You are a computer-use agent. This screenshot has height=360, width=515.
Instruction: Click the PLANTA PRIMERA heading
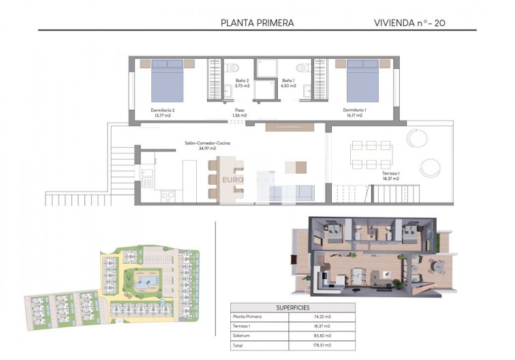[257, 22]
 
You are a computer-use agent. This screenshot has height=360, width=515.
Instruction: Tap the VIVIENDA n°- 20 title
[410, 22]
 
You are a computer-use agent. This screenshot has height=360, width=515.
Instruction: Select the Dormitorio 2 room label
[163, 112]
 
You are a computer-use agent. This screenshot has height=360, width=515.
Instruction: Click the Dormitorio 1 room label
[354, 112]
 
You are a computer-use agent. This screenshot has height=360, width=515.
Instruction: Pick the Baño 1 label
[288, 83]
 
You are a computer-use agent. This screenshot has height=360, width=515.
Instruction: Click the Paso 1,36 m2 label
[239, 112]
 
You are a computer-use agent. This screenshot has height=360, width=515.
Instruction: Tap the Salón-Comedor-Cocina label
[207, 145]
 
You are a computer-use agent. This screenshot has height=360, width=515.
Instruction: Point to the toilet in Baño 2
[233, 67]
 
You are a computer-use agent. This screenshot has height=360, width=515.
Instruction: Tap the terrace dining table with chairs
[371, 155]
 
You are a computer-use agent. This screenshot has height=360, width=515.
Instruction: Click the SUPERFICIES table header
[292, 307]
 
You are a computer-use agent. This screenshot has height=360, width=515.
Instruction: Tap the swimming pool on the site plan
[146, 280]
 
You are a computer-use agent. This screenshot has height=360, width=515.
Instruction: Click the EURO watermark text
[233, 180]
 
